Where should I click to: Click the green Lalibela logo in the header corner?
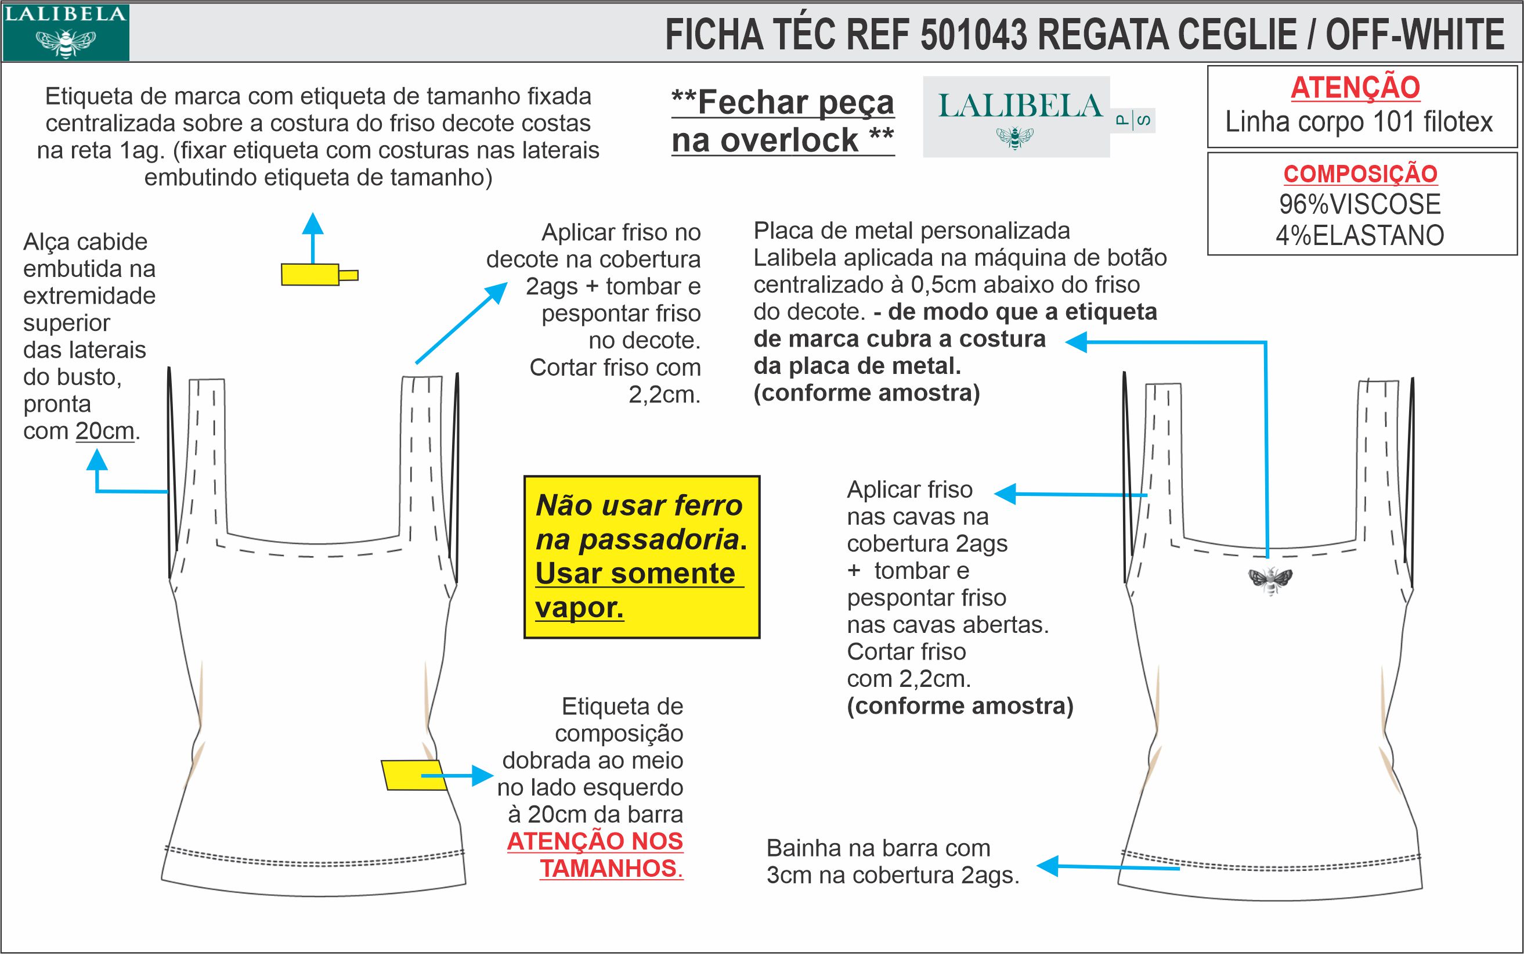pyautogui.click(x=65, y=32)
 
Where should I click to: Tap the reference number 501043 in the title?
pyautogui.click(x=974, y=34)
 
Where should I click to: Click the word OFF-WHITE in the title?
pyautogui.click(x=1415, y=34)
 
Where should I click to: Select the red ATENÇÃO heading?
pyautogui.click(x=1355, y=88)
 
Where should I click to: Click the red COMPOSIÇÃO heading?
pyautogui.click(x=1360, y=174)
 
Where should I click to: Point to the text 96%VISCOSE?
pyautogui.click(x=1360, y=204)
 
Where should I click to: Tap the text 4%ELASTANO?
pyautogui.click(x=1360, y=235)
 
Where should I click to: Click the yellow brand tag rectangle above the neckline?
pyautogui.click(x=310, y=275)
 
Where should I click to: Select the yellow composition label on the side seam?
pyautogui.click(x=413, y=775)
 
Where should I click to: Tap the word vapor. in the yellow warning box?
pyautogui.click(x=579, y=607)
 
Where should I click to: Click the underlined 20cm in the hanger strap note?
pyautogui.click(x=105, y=431)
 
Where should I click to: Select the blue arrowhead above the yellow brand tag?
pyautogui.click(x=312, y=224)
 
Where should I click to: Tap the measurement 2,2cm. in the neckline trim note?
pyautogui.click(x=665, y=394)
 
